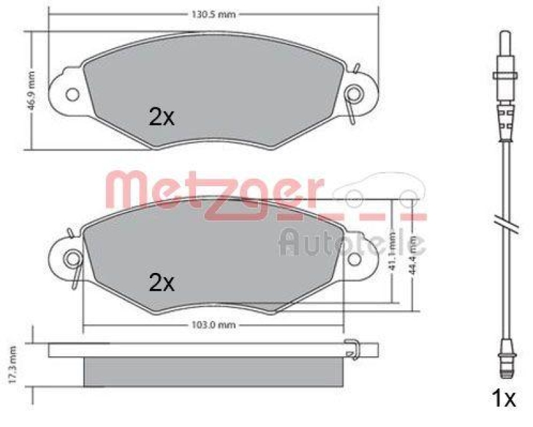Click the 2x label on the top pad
coord(161,118)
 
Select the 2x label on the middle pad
coord(161,283)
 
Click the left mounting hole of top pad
coord(72,93)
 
